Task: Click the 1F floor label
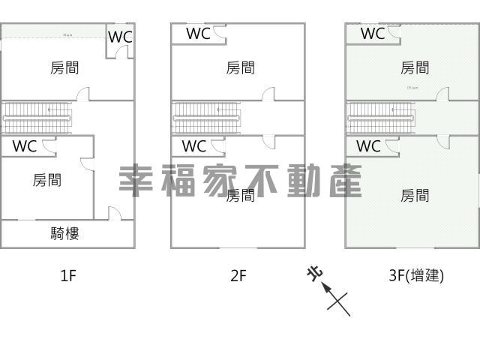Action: tap(68, 275)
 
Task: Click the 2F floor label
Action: tap(238, 275)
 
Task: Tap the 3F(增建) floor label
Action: tap(416, 275)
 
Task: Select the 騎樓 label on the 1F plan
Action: tap(65, 233)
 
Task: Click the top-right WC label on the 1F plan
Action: tap(120, 36)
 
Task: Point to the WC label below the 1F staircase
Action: tap(24, 146)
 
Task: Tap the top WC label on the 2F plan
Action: tap(198, 33)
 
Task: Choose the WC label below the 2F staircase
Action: tap(193, 146)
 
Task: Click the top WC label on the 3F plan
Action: tap(372, 33)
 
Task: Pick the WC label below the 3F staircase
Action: tap(367, 146)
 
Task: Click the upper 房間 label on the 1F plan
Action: tap(65, 68)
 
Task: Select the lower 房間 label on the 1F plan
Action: tap(48, 180)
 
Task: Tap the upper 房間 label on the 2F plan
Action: tap(240, 68)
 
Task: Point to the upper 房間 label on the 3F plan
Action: tap(415, 68)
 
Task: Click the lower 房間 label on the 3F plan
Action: tap(415, 196)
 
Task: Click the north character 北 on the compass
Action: tap(313, 273)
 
